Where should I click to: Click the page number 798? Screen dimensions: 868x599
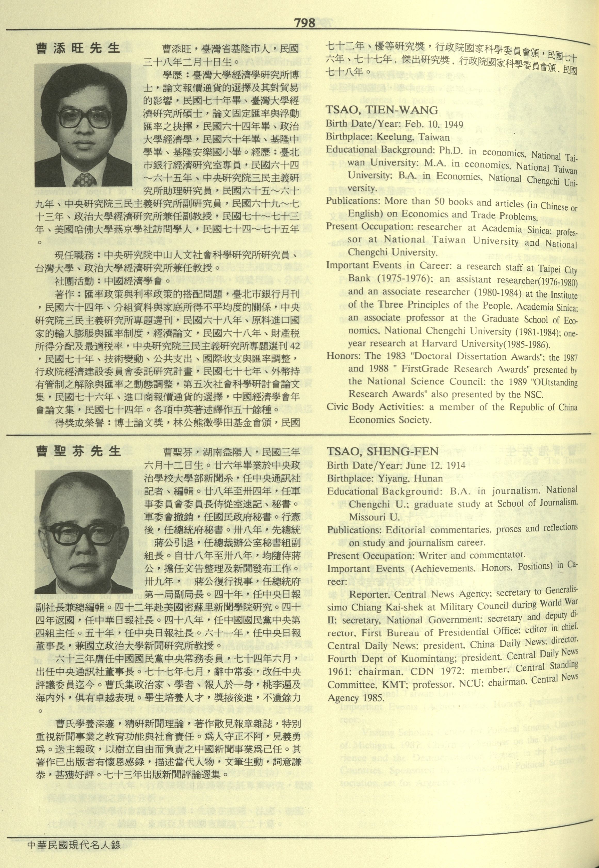[x=304, y=23]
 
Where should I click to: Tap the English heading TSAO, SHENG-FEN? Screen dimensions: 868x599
[x=383, y=451]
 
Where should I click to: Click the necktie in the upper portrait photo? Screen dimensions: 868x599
[x=84, y=179]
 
